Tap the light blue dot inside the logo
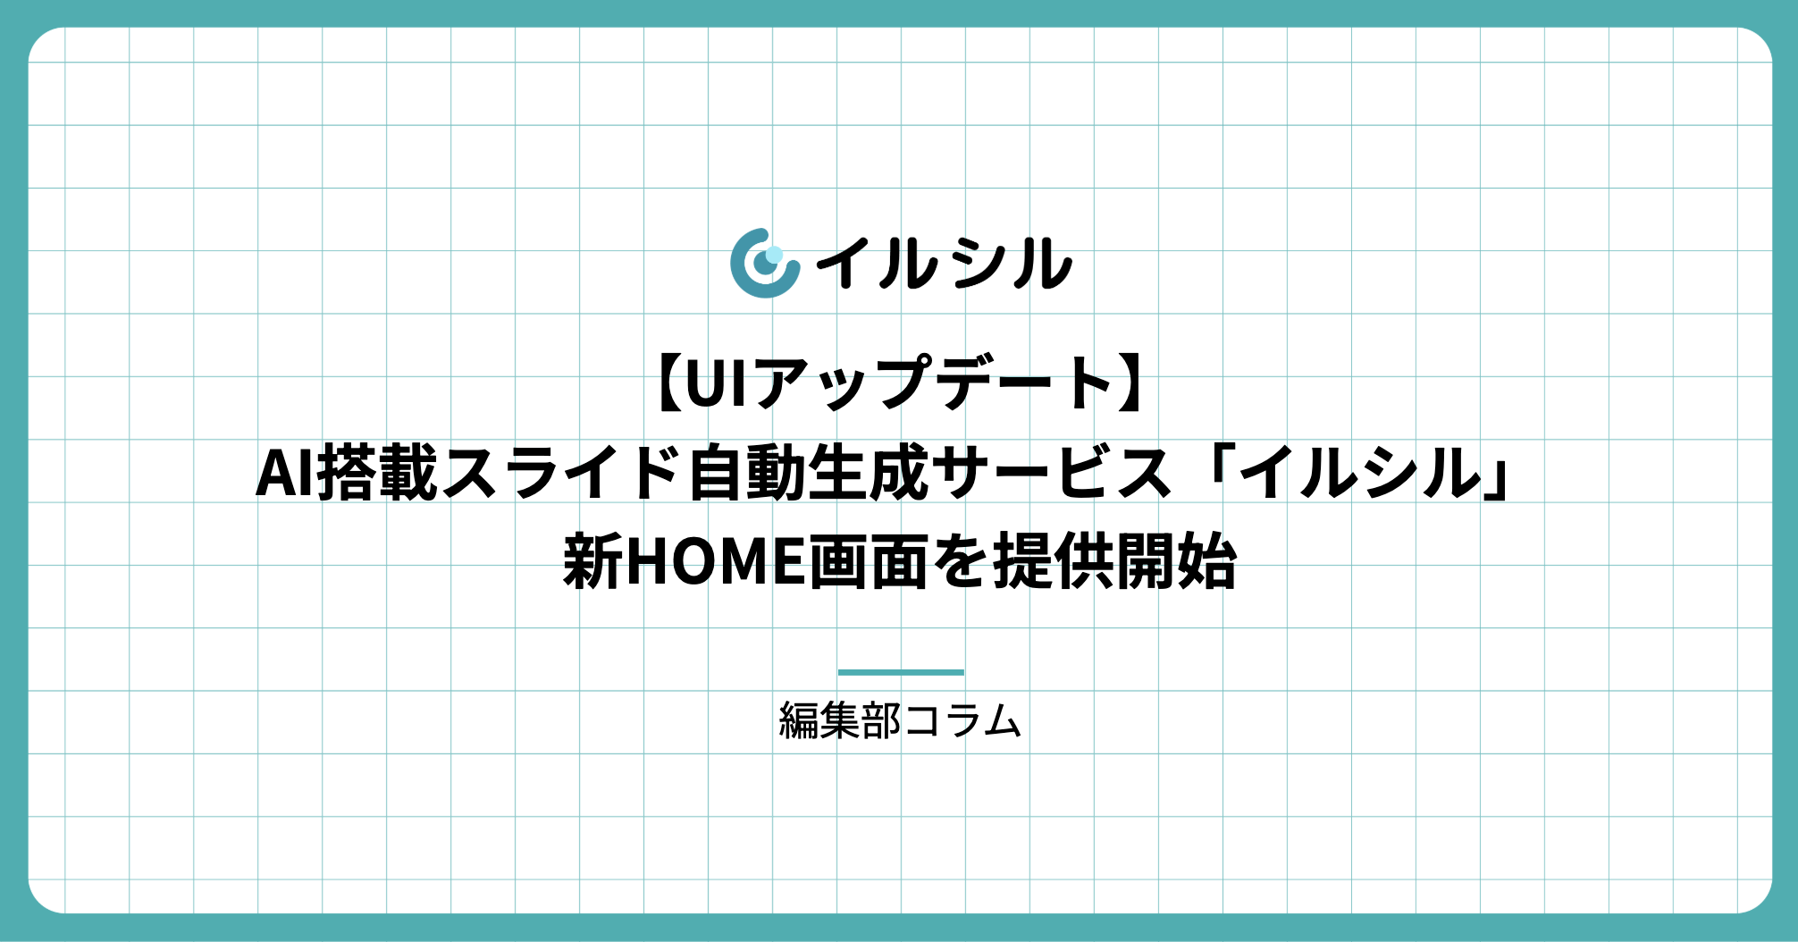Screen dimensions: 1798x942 774,255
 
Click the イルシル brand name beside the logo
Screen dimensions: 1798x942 945,264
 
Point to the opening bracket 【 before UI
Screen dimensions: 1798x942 670,383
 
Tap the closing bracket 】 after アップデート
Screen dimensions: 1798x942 1130,383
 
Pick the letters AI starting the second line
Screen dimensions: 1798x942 285,473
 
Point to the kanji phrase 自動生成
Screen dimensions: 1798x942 809,473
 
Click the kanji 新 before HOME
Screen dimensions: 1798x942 592,561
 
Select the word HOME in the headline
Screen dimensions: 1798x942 716,562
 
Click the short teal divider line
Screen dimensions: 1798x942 901,672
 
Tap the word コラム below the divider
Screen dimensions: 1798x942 962,720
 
